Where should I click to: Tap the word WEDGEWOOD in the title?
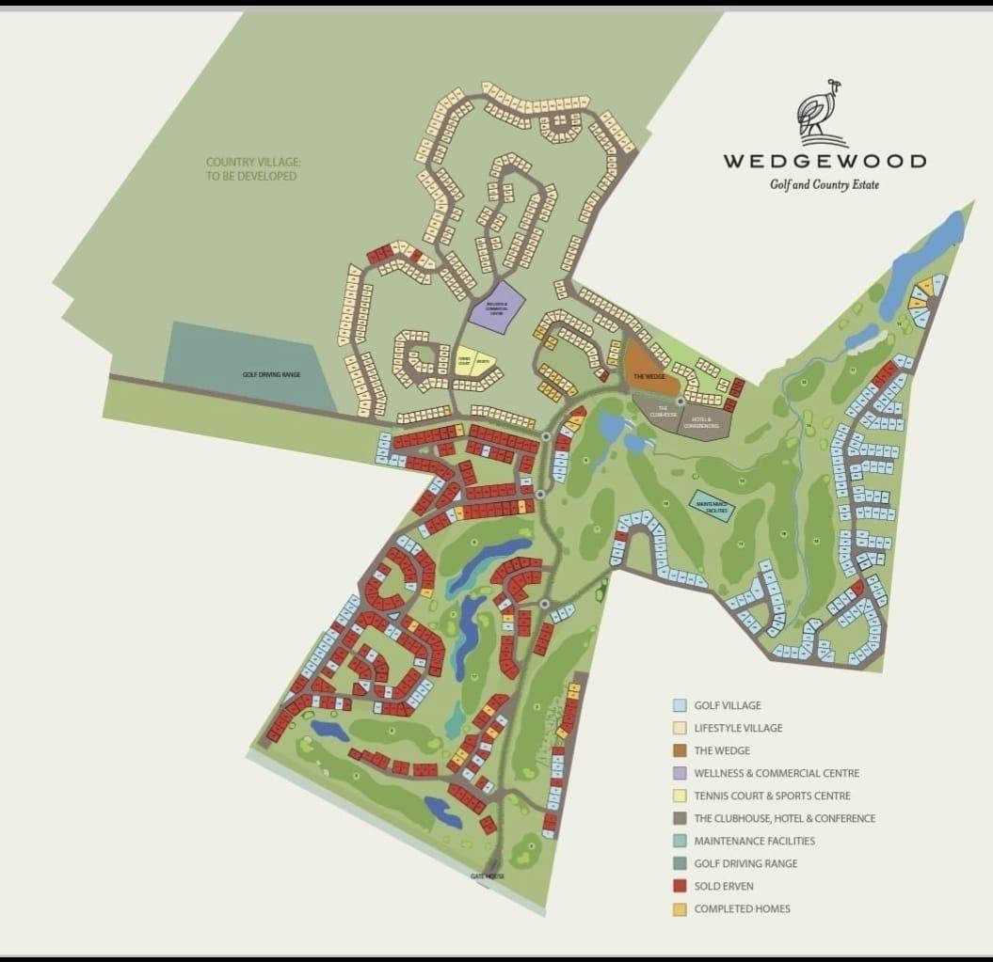coord(824,161)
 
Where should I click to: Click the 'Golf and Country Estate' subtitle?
coord(824,184)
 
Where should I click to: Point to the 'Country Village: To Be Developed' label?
coord(253,169)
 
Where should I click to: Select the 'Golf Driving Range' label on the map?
coord(271,374)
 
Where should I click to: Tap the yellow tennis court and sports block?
coord(473,360)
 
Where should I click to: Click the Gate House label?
coord(488,875)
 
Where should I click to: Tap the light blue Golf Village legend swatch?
coord(679,705)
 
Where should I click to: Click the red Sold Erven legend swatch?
coord(679,886)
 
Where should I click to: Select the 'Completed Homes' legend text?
coord(742,908)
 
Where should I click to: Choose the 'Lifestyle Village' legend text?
coord(738,728)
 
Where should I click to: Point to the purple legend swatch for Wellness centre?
coord(679,773)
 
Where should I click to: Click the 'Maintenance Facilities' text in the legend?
coord(754,841)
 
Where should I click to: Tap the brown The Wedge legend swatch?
coord(679,750)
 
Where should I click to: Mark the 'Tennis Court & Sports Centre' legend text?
coord(772,796)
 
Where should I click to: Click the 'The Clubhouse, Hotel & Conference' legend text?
coord(784,818)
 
